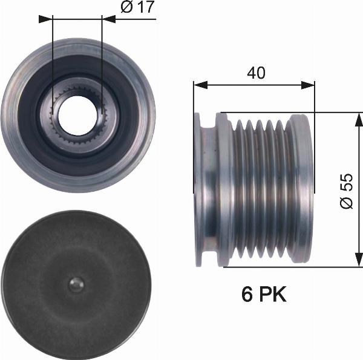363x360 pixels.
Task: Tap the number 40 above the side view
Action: pos(256,73)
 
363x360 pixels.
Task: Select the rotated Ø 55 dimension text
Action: pos(345,191)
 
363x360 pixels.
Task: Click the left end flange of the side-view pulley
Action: pos(206,189)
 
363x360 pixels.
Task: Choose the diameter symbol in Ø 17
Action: pos(127,9)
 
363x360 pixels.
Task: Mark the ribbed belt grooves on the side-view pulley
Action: pos(260,189)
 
